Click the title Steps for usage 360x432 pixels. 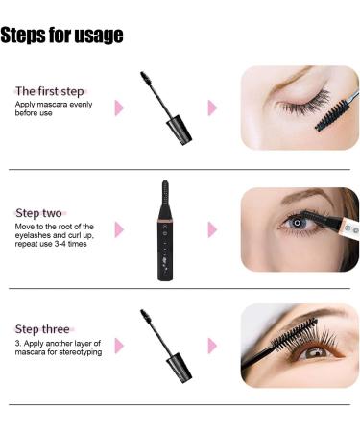point(62,36)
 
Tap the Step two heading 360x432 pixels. point(39,212)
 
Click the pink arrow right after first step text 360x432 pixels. point(120,107)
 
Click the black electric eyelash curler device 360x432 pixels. point(165,235)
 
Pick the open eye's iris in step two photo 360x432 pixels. point(297,223)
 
